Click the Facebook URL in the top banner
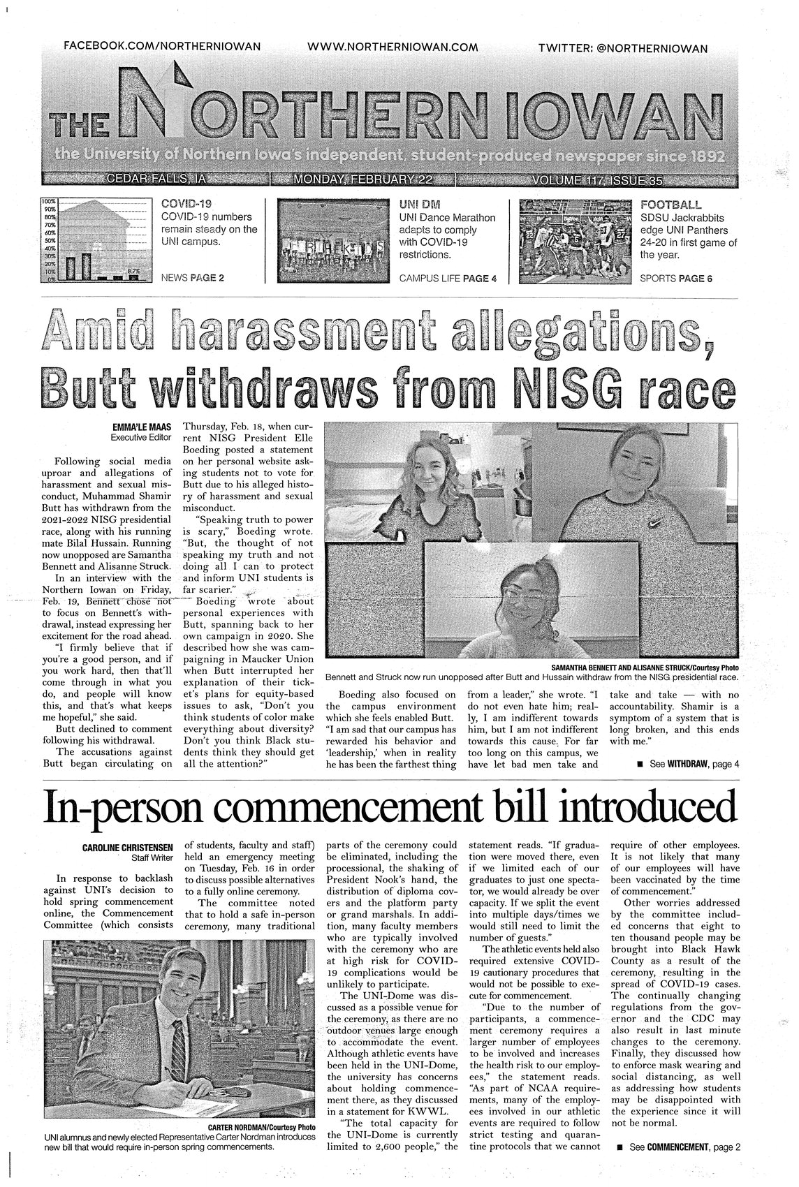(161, 46)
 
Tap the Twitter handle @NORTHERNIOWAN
(623, 47)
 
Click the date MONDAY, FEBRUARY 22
(363, 180)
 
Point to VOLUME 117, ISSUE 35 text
(596, 180)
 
